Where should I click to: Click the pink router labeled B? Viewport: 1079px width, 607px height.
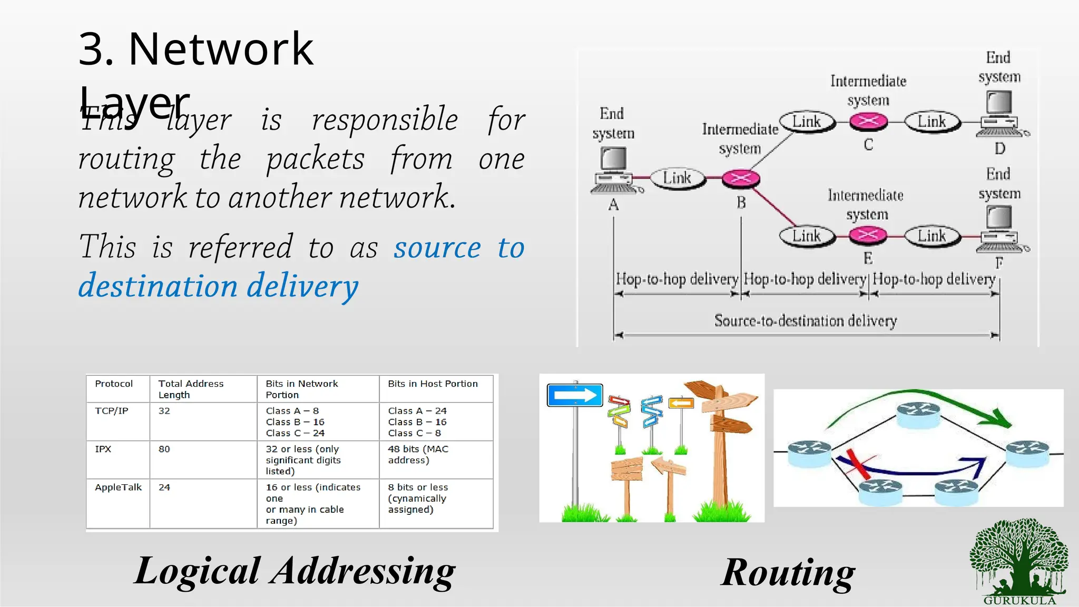(740, 179)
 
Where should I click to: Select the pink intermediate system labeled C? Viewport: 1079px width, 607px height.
(868, 122)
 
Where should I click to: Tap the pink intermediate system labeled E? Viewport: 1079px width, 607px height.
(868, 235)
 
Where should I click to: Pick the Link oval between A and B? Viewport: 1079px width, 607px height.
(677, 178)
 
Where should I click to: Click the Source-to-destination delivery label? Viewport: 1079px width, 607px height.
(805, 320)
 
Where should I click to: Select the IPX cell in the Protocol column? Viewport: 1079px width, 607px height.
(103, 449)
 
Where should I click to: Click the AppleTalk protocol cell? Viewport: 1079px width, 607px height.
(118, 487)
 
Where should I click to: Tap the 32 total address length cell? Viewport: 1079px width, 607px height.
(164, 411)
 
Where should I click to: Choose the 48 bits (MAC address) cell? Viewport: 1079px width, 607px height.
(418, 454)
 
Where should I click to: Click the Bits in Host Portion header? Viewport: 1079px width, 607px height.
(433, 384)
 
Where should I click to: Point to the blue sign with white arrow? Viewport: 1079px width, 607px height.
(575, 395)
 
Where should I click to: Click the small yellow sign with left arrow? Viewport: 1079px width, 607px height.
(681, 404)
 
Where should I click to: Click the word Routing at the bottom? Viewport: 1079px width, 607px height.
(788, 572)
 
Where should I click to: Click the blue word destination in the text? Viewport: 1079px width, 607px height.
(158, 286)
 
